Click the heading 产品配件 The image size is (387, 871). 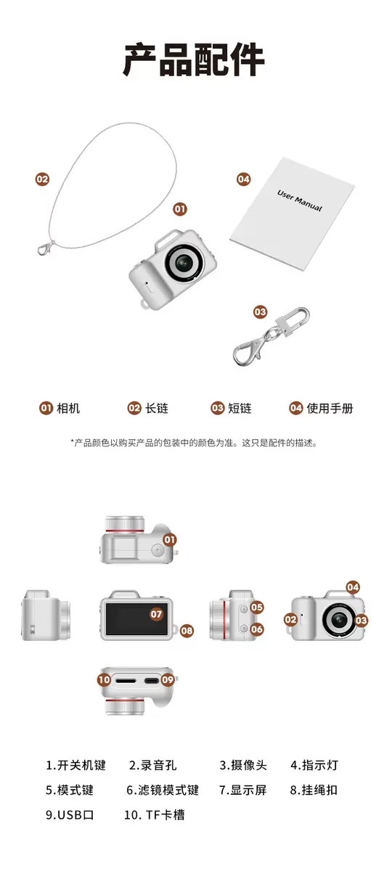click(194, 60)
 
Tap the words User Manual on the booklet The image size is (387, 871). click(299, 200)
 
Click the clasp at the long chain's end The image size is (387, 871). click(46, 248)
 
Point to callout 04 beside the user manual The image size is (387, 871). click(243, 179)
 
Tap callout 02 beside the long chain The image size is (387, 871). click(42, 179)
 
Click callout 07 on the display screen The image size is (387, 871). click(156, 614)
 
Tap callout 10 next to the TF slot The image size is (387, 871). click(105, 679)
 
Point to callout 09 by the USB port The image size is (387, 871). click(168, 679)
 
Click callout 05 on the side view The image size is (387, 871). click(257, 608)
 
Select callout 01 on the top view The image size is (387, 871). click(170, 540)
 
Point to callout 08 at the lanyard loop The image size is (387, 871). click(187, 631)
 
